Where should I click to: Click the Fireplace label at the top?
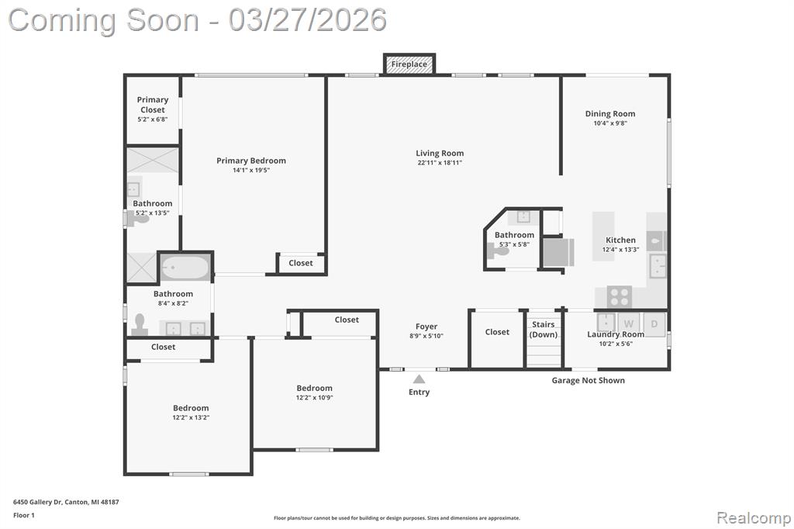click(x=409, y=64)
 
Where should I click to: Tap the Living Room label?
click(x=440, y=153)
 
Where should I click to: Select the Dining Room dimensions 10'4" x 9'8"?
click(x=610, y=123)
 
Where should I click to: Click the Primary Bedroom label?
click(x=251, y=161)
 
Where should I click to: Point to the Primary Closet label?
click(x=153, y=105)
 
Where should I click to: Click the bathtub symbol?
click(x=185, y=267)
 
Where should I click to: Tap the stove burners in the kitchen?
click(x=619, y=296)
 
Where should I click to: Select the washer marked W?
click(x=628, y=323)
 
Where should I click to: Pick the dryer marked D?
click(x=654, y=323)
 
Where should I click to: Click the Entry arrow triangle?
click(x=419, y=379)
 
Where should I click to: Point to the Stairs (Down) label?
click(x=544, y=330)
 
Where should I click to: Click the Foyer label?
click(x=426, y=327)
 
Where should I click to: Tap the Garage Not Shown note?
click(x=588, y=381)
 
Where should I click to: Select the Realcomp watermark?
click(x=754, y=518)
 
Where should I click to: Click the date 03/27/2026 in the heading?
click(x=307, y=20)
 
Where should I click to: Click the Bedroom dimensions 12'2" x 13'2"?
click(x=191, y=417)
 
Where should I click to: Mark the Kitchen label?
click(x=620, y=240)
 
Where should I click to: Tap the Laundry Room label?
click(x=616, y=334)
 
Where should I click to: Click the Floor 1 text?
click(x=24, y=515)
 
